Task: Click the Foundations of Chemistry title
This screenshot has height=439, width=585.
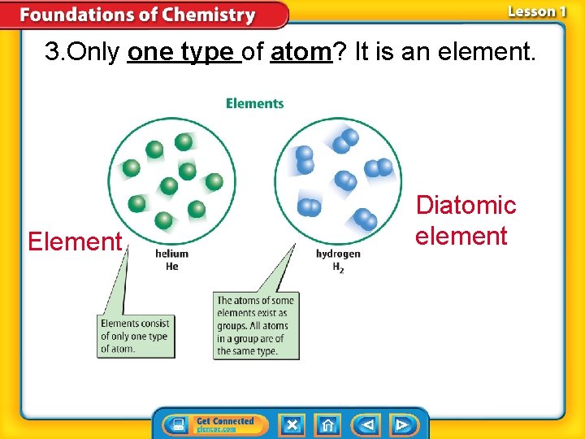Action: pos(137,15)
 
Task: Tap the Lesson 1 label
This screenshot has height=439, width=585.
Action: pos(536,11)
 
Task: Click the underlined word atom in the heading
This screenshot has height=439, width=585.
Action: pos(301,53)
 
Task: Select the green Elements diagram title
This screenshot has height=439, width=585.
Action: pos(254,103)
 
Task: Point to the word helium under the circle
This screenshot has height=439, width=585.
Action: pos(171,254)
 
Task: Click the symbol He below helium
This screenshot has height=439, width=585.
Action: pos(171,266)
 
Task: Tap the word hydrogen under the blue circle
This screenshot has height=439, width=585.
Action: pos(338,254)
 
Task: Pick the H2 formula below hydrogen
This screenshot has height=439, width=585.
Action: pos(338,267)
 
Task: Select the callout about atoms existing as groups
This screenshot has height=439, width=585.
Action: pos(256,325)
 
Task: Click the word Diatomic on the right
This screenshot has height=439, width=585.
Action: pos(466,206)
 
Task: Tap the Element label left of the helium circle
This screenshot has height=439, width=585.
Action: pos(74,241)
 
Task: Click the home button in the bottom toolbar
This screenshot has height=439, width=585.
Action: pos(327,424)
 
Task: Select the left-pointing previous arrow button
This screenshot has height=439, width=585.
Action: pos(367,424)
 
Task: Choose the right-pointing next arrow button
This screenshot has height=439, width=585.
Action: pos(401,424)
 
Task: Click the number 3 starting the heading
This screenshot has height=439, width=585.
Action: pos(53,53)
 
